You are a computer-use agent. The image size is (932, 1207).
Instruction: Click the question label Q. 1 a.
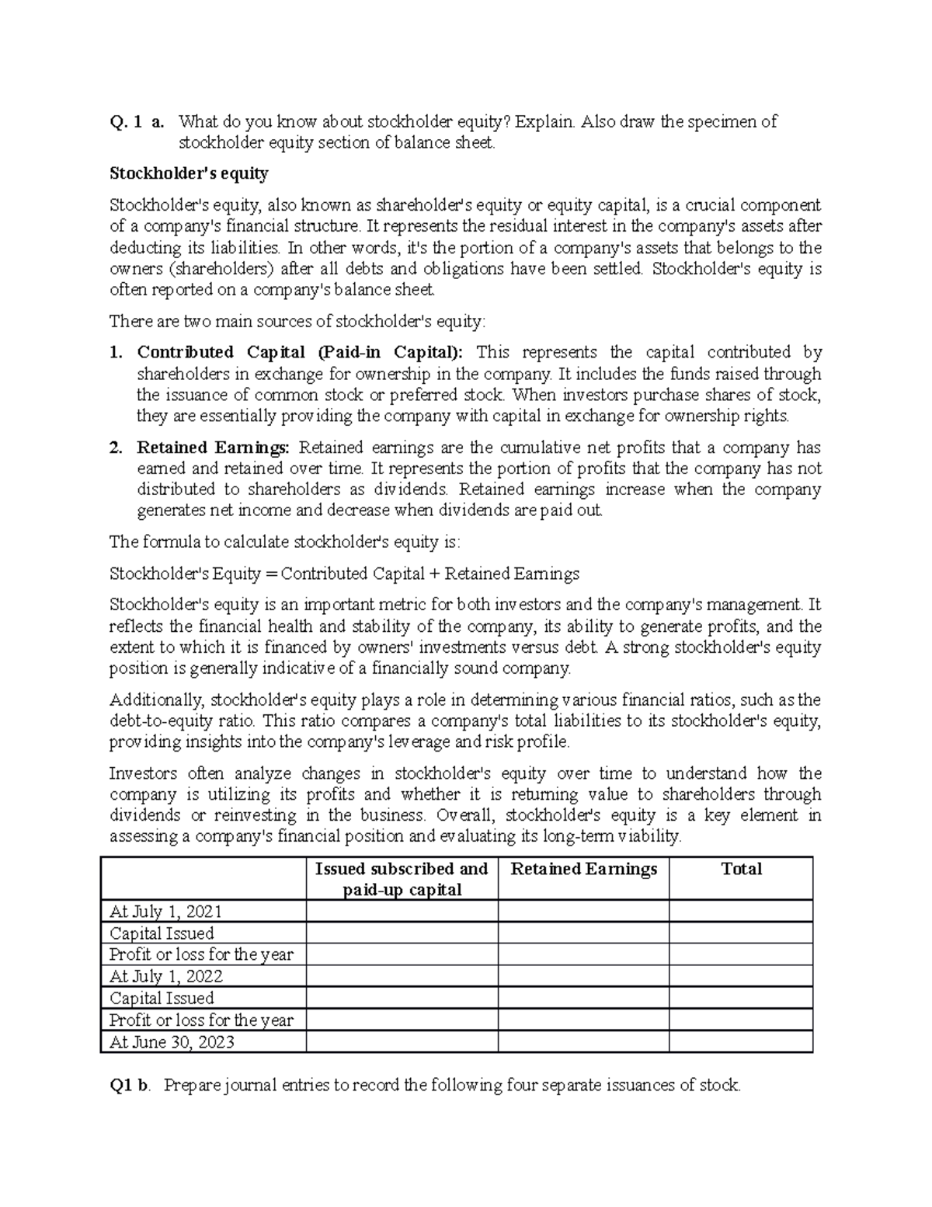[137, 122]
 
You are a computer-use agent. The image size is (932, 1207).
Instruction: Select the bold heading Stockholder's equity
[189, 173]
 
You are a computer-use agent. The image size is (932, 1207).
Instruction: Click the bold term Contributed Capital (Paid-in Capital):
[299, 352]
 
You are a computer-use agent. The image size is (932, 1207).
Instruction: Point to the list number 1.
[116, 352]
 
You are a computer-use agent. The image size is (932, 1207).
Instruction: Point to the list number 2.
[116, 448]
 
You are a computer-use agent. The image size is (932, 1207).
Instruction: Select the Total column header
[741, 869]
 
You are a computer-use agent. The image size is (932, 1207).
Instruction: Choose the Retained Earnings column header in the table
[583, 869]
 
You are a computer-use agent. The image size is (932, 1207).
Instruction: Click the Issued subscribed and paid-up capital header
[402, 879]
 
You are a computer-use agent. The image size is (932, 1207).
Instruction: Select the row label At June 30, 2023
[172, 1042]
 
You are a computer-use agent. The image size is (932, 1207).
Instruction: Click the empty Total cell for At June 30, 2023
[741, 1042]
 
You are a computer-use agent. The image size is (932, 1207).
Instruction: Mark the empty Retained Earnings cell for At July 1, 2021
[583, 912]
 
